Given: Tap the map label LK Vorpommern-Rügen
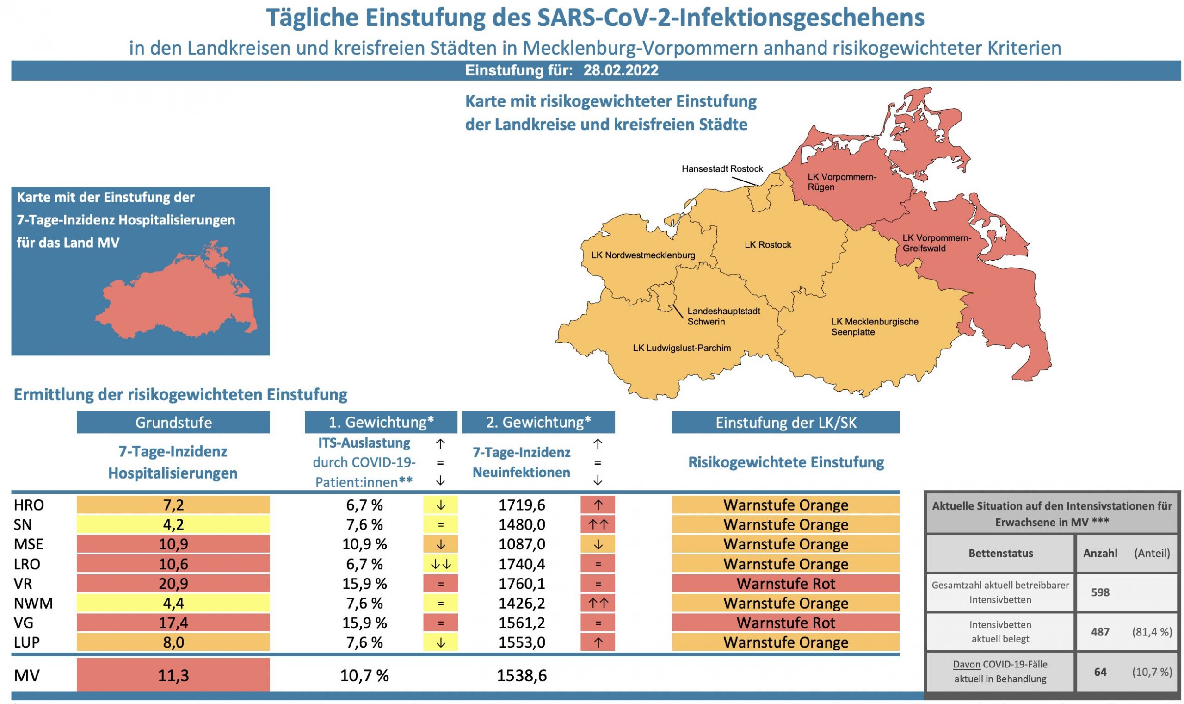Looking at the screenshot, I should click(x=842, y=182).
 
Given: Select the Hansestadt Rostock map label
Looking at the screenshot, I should click(x=722, y=169).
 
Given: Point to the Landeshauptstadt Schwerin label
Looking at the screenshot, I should click(x=723, y=317).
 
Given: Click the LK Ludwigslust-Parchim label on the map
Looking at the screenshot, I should click(x=682, y=348).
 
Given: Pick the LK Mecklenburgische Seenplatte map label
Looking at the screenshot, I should click(x=875, y=327).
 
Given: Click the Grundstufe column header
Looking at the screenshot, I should click(x=173, y=422).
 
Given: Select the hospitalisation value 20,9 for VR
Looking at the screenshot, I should click(x=173, y=584).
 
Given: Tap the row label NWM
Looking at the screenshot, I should click(x=33, y=604).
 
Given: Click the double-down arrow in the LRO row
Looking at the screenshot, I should click(x=440, y=564).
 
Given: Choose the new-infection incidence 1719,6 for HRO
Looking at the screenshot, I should click(x=521, y=505).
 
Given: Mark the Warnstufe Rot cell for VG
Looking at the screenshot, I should click(x=785, y=623).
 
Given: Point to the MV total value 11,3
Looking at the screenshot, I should click(x=173, y=675).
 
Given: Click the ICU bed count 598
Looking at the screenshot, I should click(x=1100, y=592).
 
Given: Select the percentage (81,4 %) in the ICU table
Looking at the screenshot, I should click(x=1151, y=632).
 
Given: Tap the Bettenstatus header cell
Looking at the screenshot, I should click(x=1000, y=553).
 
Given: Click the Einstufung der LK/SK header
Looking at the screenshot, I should click(x=785, y=422).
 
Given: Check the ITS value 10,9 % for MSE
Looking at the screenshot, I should click(x=364, y=544).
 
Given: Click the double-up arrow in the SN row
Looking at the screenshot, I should click(x=598, y=525).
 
